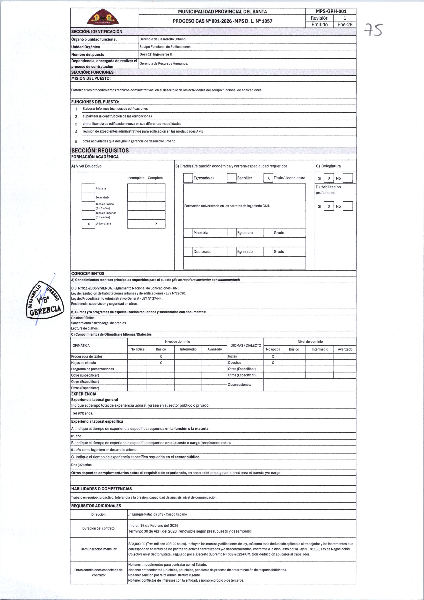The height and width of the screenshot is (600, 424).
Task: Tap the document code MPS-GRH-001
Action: [331, 11]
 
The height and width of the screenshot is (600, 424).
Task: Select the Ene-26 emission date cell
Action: [345, 25]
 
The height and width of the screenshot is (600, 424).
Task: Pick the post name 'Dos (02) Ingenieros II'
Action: [156, 54]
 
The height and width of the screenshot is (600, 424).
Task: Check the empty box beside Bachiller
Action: [232, 178]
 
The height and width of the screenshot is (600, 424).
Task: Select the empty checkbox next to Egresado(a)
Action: [188, 178]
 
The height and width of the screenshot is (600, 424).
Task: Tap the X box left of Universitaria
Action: [89, 224]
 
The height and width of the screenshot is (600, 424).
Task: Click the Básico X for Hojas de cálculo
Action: [160, 363]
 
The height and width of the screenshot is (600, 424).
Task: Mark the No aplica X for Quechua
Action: [273, 363]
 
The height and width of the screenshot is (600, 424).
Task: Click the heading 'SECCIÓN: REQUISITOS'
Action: [100, 151]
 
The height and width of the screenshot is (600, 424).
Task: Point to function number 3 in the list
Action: [76, 124]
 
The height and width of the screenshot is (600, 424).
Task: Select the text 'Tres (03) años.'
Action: [82, 413]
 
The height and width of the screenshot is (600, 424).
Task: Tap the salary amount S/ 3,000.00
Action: [137, 544]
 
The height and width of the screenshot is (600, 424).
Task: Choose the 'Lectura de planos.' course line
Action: [85, 328]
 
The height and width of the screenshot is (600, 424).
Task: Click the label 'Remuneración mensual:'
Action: [99, 549]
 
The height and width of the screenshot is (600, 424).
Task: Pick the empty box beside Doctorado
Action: [188, 252]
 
